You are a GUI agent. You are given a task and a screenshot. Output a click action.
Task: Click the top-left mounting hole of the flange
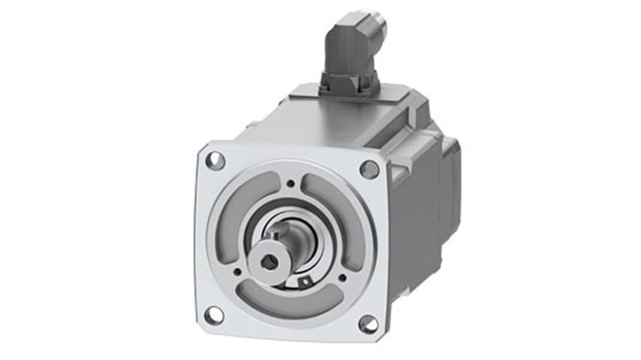215,161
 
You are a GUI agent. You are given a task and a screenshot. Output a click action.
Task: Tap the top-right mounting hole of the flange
369,169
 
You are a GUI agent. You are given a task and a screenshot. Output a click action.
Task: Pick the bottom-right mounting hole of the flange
368,323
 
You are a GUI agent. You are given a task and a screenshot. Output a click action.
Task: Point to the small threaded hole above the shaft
291,183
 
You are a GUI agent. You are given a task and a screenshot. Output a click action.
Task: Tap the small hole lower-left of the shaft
237,272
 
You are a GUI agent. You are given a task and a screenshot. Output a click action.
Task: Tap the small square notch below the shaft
304,282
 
